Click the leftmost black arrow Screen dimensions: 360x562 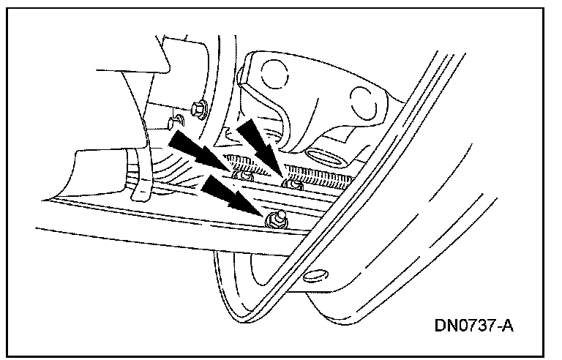[x=195, y=150]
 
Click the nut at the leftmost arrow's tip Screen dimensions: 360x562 [x=242, y=176]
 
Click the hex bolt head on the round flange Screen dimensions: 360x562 [x=198, y=110]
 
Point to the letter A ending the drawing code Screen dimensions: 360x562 [x=507, y=324]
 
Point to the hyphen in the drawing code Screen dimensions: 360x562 [x=496, y=325]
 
